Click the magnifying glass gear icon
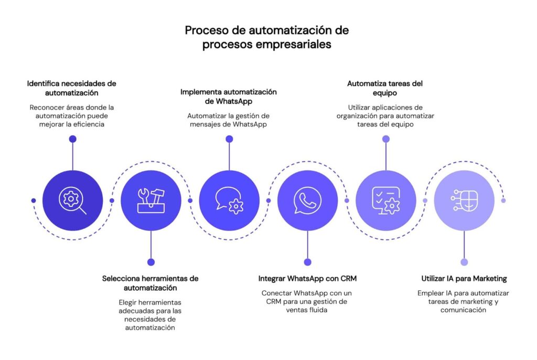click(x=72, y=200)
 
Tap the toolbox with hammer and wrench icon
click(x=151, y=200)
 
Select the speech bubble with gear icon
click(x=229, y=200)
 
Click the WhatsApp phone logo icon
click(x=307, y=200)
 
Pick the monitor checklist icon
click(x=386, y=200)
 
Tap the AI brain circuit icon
click(x=464, y=200)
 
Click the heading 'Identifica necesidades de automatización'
click(x=72, y=88)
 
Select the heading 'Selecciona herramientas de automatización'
click(x=151, y=283)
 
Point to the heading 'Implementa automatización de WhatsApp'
click(x=229, y=96)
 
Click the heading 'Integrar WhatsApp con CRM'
click(x=307, y=278)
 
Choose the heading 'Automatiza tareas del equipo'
click(x=385, y=88)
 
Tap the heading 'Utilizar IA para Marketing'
click(x=464, y=278)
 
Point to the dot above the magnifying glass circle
click(x=72, y=139)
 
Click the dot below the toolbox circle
click(x=151, y=262)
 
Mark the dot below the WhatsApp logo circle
click(x=307, y=262)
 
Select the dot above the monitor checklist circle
click(x=386, y=139)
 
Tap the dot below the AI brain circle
click(x=464, y=262)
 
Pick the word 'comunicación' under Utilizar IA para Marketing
click(x=464, y=310)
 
